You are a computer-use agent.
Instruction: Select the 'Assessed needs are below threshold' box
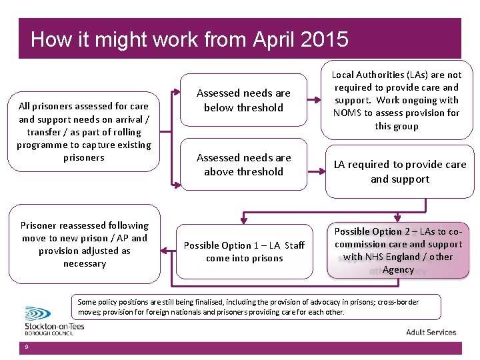(x=244, y=100)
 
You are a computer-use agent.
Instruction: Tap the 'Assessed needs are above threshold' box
(x=244, y=165)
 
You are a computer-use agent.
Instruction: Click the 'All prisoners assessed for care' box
(x=84, y=131)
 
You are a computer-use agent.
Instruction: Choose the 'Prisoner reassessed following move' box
(x=85, y=244)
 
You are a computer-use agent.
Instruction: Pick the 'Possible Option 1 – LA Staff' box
(x=244, y=251)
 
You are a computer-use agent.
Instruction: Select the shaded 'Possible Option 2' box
(x=398, y=251)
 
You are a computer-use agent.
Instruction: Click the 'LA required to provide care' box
(x=399, y=171)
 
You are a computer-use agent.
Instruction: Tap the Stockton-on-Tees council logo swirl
(x=37, y=314)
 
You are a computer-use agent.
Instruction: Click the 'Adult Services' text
(x=431, y=332)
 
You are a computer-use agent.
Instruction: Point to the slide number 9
(x=25, y=347)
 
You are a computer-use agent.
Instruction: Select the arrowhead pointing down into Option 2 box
(x=398, y=218)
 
